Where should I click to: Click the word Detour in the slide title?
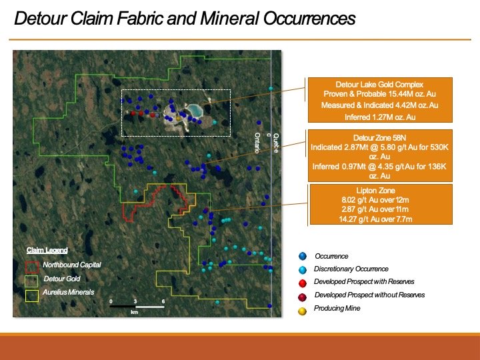40,19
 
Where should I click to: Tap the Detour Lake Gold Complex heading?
379,85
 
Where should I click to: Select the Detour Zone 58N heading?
379,138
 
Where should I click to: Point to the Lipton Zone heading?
375,191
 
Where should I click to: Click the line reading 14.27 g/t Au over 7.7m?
375,219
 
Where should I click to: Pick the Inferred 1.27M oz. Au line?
380,117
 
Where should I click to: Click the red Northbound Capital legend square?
32,267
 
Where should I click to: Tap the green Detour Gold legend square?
31,281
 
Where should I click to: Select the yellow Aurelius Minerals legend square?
32,296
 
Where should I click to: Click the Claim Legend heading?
47,250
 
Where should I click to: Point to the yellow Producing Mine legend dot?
302,311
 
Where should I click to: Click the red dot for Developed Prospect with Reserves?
303,283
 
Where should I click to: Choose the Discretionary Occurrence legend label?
351,269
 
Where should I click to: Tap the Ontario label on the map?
257,143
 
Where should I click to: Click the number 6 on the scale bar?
163,301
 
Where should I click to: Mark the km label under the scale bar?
135,312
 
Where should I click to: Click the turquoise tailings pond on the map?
195,110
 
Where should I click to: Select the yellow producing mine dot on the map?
178,119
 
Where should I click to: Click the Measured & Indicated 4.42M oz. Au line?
379,105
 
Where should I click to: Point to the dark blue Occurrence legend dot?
303,256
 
